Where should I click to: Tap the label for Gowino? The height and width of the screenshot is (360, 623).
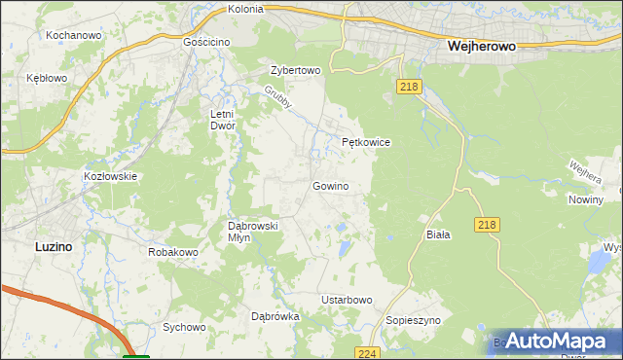tap(330, 185)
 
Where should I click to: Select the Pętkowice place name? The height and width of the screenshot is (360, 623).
tap(366, 142)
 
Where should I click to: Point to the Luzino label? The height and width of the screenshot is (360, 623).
tap(53, 247)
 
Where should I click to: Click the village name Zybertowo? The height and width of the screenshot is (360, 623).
tap(295, 71)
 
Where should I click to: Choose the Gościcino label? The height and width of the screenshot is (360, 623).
tap(207, 43)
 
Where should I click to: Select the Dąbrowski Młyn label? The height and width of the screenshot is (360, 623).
tap(253, 232)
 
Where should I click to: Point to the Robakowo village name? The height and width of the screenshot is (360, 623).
tap(173, 252)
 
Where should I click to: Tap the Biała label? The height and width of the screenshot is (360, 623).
tap(438, 235)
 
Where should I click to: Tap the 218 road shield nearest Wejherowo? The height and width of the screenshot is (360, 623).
tap(409, 88)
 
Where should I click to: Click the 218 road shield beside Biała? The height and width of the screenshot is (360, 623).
tap(489, 225)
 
